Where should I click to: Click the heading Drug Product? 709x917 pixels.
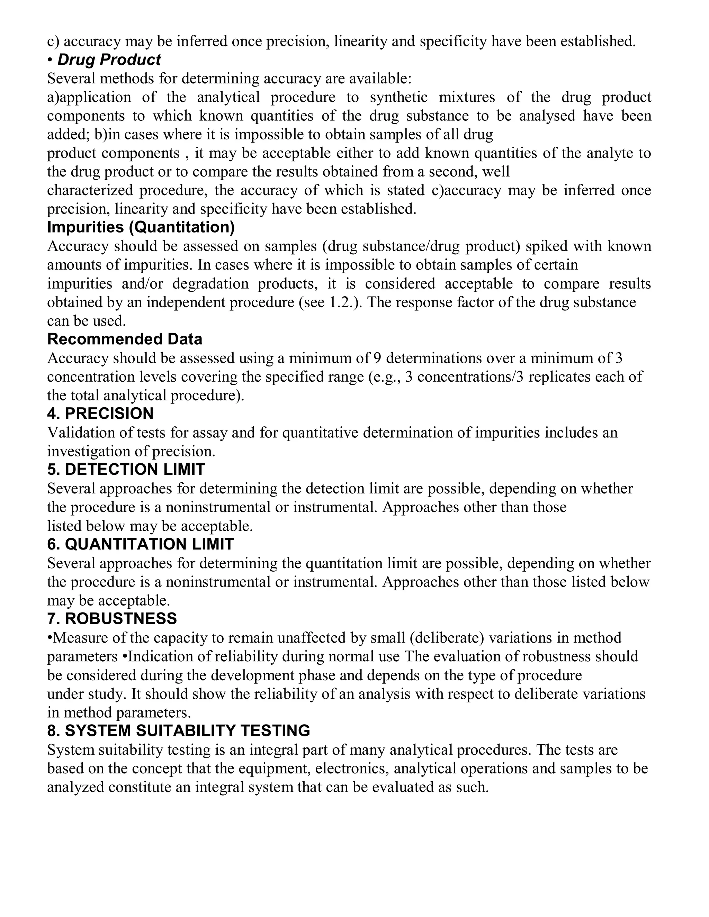tap(109, 60)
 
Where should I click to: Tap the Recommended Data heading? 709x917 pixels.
tap(125, 339)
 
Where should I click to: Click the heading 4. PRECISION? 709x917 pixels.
tap(100, 414)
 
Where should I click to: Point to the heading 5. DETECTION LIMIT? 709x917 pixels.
tap(126, 470)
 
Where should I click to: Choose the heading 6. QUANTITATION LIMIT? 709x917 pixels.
tap(140, 544)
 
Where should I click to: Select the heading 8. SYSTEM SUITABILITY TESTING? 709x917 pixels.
tap(179, 731)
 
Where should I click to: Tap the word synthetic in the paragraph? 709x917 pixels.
tap(398, 98)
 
